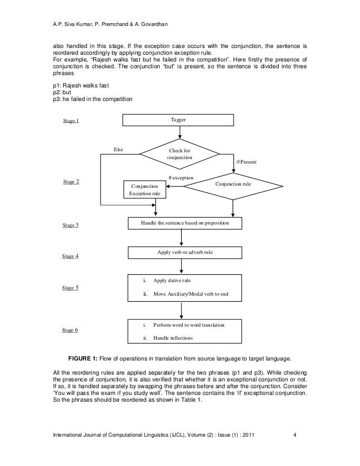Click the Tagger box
click(180, 120)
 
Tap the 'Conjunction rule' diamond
click(233, 184)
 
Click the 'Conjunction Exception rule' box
click(145, 190)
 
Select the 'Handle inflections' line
click(173, 338)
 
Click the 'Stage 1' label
click(71, 121)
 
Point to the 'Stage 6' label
click(71, 330)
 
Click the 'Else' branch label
click(118, 150)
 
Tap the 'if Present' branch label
click(246, 162)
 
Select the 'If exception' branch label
click(181, 178)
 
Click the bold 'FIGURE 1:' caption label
click(87, 358)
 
